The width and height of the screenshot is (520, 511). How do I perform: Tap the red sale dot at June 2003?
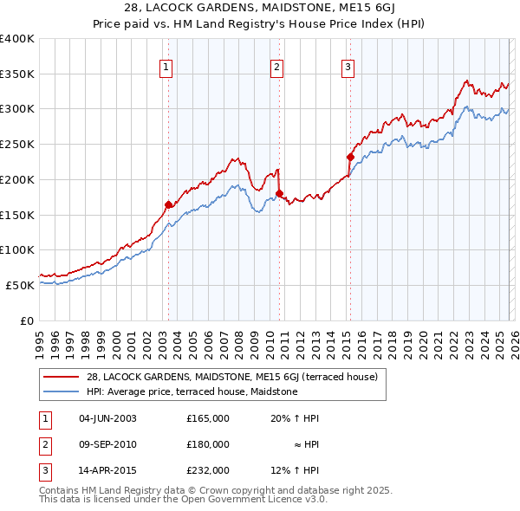tap(168, 204)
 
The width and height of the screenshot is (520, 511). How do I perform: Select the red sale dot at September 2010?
tap(279, 193)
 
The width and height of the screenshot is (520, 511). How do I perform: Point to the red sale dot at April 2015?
tap(350, 157)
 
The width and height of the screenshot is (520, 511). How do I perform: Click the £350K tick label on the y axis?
tap(17, 74)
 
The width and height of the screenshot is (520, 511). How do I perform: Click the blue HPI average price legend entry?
tap(192, 392)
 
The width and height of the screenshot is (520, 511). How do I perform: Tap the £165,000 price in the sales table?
tap(207, 418)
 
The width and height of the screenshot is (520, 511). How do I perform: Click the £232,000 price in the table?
tap(207, 470)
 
